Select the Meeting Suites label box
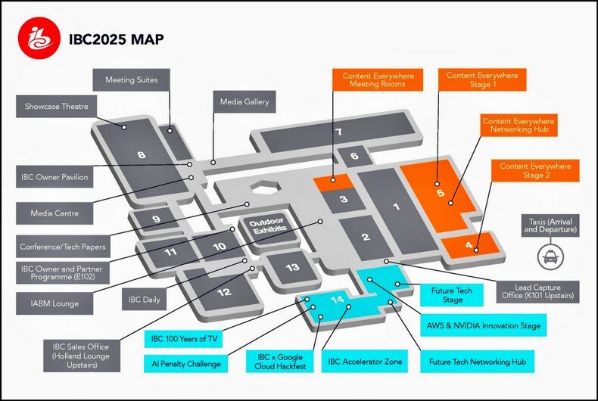(132, 79)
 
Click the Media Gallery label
(244, 101)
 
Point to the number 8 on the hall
(141, 155)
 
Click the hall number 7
(339, 132)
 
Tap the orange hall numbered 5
(440, 193)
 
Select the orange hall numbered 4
(469, 246)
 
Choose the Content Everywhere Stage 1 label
(482, 80)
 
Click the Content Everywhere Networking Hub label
(519, 126)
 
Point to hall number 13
(292, 267)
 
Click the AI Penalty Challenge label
(184, 364)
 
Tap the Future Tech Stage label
(452, 295)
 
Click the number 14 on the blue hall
(338, 300)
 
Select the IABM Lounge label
(55, 303)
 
